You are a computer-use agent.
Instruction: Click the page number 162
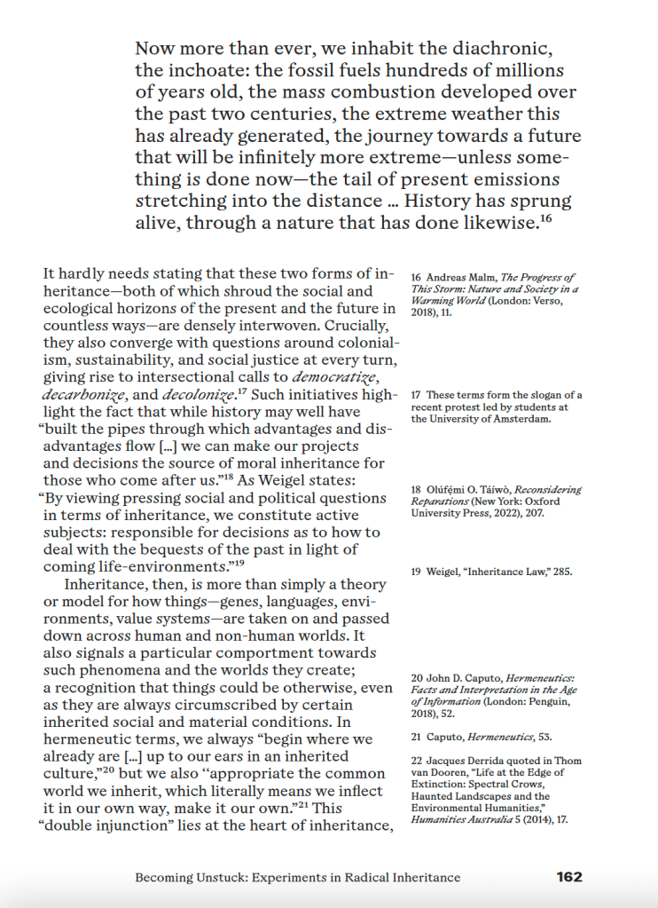pos(569,877)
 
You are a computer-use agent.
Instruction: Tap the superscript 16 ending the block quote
pos(546,218)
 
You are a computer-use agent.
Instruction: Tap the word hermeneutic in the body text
pos(82,739)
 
